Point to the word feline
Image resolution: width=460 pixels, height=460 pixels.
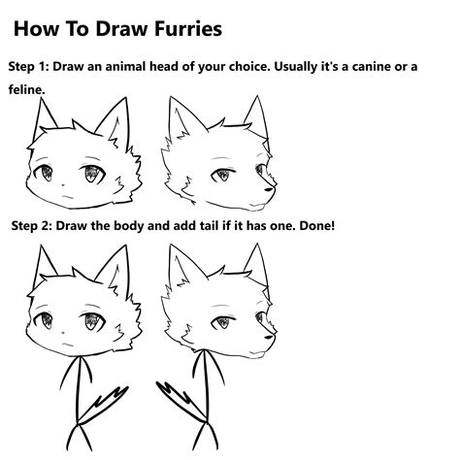(x=30, y=89)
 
